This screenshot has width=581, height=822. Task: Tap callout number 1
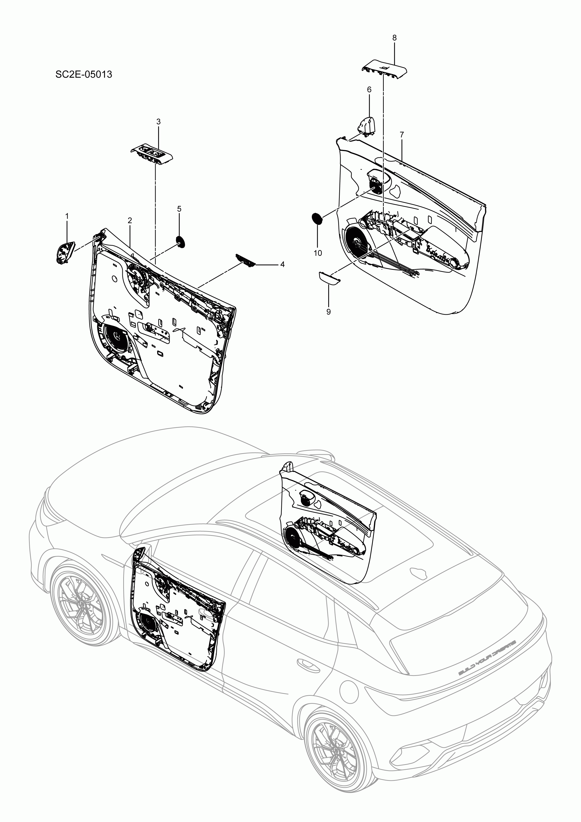(67, 216)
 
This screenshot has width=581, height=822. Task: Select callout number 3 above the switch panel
(158, 122)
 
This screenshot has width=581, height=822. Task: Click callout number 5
(179, 208)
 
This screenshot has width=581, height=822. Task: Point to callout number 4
(282, 265)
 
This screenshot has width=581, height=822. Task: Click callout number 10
(318, 253)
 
